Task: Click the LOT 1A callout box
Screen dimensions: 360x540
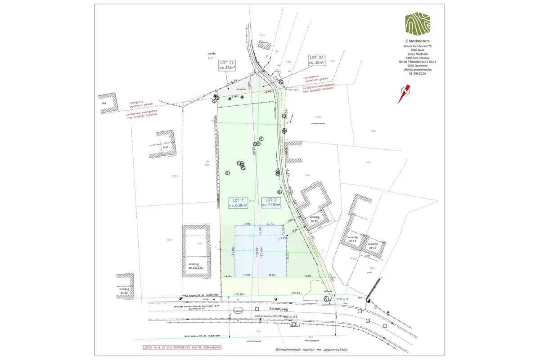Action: click(227, 65)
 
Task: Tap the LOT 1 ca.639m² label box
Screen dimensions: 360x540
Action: click(238, 202)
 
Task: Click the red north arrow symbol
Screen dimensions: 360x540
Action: click(404, 94)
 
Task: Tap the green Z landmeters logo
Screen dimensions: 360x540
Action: click(417, 23)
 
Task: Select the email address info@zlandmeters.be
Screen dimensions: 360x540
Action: click(417, 69)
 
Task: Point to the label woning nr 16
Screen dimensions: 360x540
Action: click(314, 219)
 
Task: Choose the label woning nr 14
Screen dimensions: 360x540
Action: click(352, 239)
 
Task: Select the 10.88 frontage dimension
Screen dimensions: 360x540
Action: click(239, 295)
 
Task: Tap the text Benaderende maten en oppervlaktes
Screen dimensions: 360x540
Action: click(311, 349)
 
